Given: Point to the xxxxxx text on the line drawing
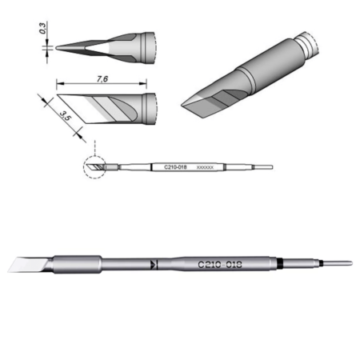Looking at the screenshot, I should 205,167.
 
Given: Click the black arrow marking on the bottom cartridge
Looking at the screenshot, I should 154,264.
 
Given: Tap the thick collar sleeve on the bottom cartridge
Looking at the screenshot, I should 77,263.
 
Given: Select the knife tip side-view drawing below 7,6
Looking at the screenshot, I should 104,104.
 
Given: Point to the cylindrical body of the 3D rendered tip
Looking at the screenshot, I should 264,68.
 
